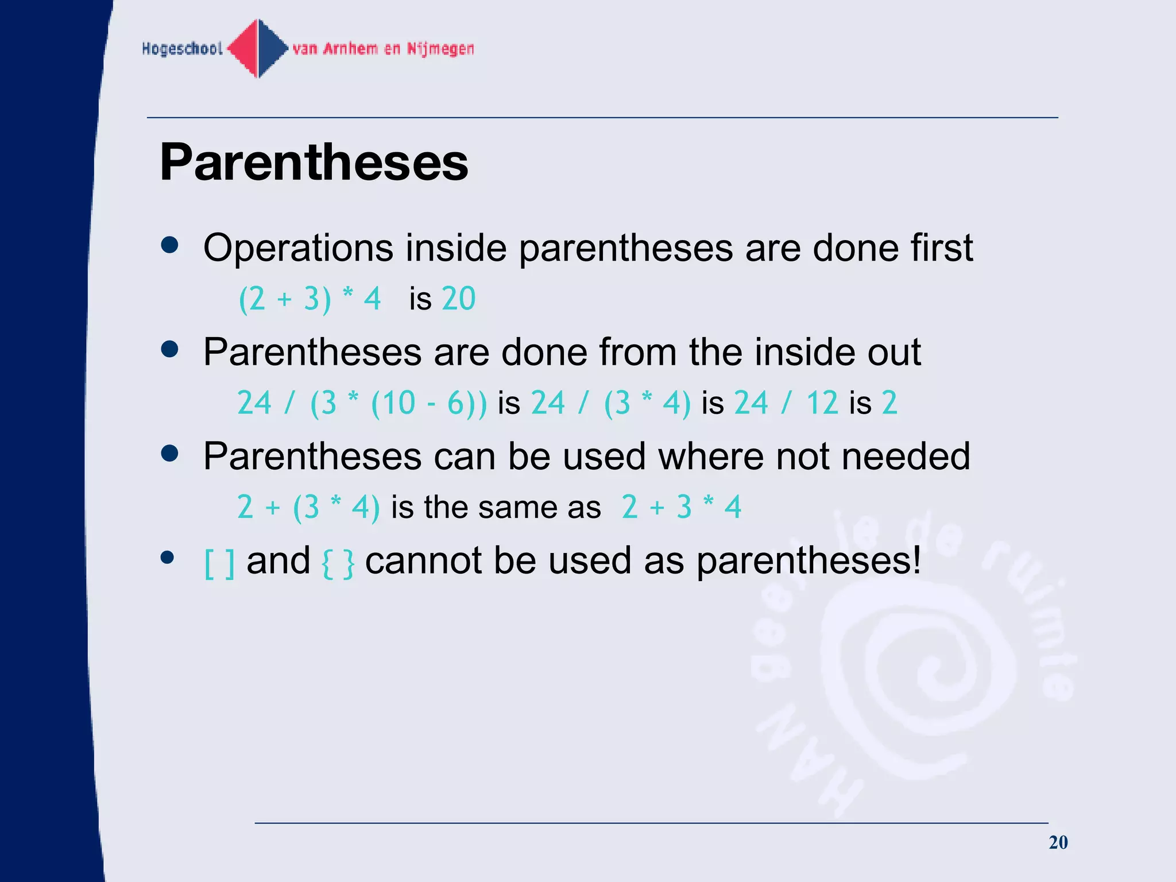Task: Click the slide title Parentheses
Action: (314, 163)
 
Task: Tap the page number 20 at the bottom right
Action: (1058, 842)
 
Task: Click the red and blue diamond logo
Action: (258, 48)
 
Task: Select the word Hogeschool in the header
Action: (182, 49)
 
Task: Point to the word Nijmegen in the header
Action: (440, 49)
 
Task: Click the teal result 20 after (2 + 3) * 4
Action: (458, 299)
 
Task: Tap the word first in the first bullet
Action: (941, 248)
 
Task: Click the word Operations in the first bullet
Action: (298, 248)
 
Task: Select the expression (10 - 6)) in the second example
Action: (428, 403)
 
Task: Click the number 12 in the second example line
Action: (822, 403)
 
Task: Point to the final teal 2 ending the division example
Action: (889, 403)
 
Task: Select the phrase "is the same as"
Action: (496, 508)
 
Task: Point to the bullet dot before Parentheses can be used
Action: (169, 454)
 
